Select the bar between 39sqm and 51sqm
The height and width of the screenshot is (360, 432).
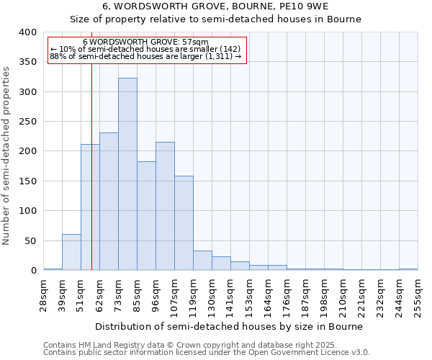click(71, 252)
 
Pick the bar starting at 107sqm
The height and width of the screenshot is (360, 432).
click(184, 223)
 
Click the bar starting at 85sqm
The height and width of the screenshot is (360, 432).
click(146, 216)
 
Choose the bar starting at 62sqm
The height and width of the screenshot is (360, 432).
click(109, 202)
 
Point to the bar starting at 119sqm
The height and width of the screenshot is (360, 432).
click(202, 261)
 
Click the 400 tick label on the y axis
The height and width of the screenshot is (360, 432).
click(27, 32)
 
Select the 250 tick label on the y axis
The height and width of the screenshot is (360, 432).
click(27, 122)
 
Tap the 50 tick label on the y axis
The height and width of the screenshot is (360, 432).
click(30, 240)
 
